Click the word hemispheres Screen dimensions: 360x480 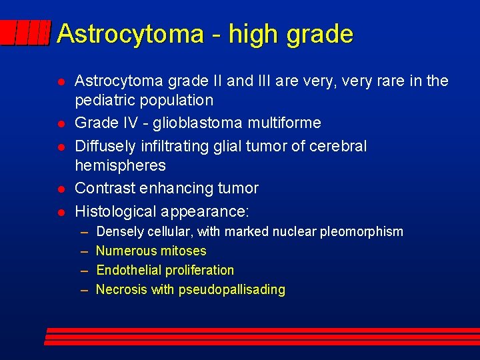(120, 165)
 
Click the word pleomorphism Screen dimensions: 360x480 (363, 231)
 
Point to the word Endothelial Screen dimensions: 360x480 (129, 270)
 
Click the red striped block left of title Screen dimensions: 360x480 (25, 32)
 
